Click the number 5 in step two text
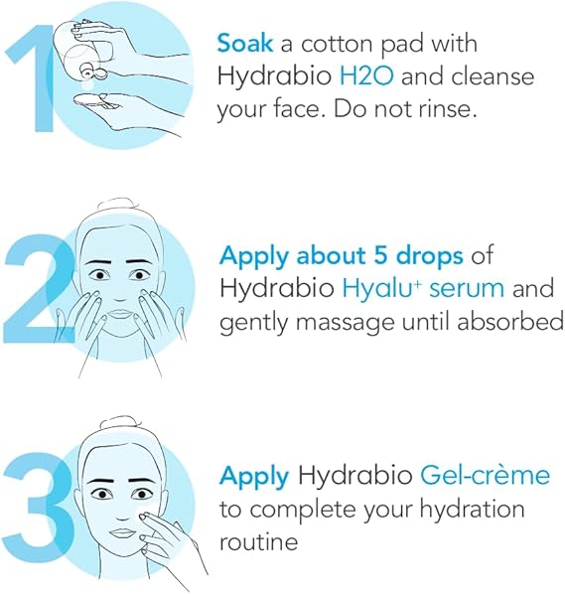(356, 256)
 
